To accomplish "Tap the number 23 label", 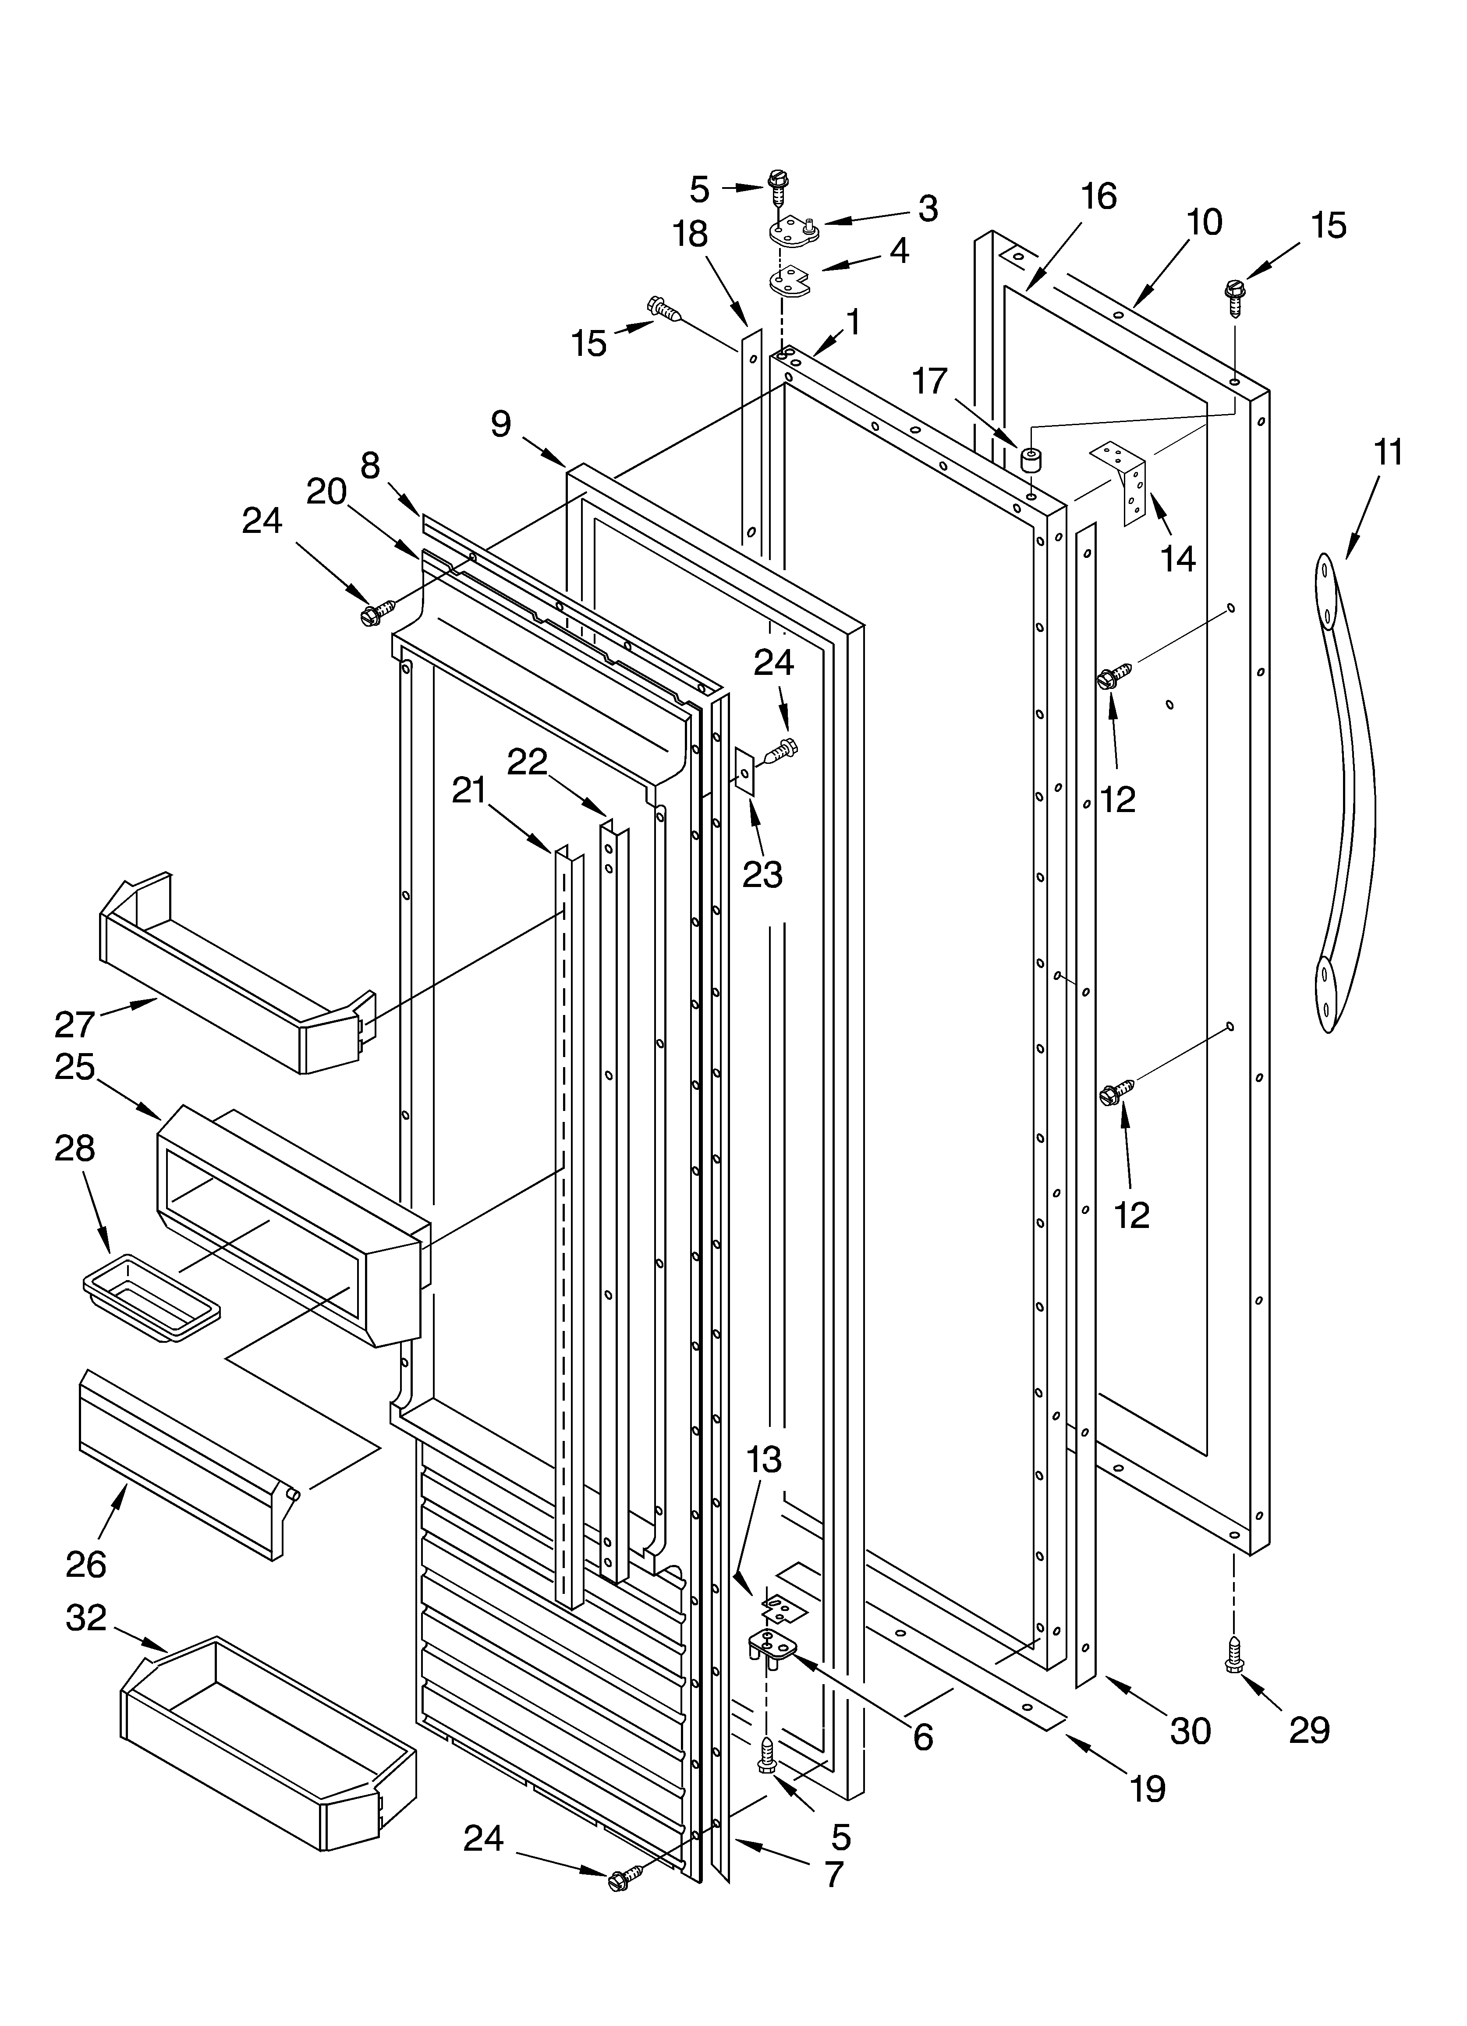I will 762,875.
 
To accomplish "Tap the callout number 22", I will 527,762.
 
